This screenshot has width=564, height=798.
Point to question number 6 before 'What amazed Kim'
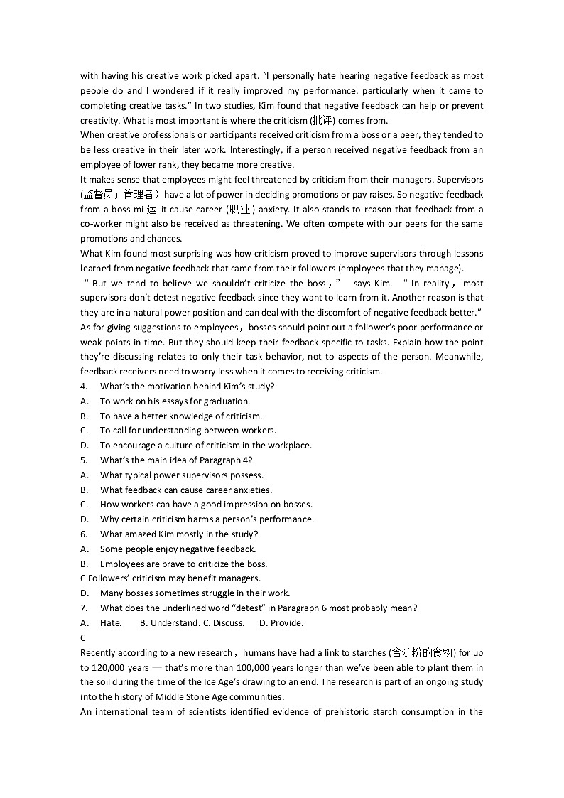(84, 534)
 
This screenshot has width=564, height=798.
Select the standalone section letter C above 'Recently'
(83, 638)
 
